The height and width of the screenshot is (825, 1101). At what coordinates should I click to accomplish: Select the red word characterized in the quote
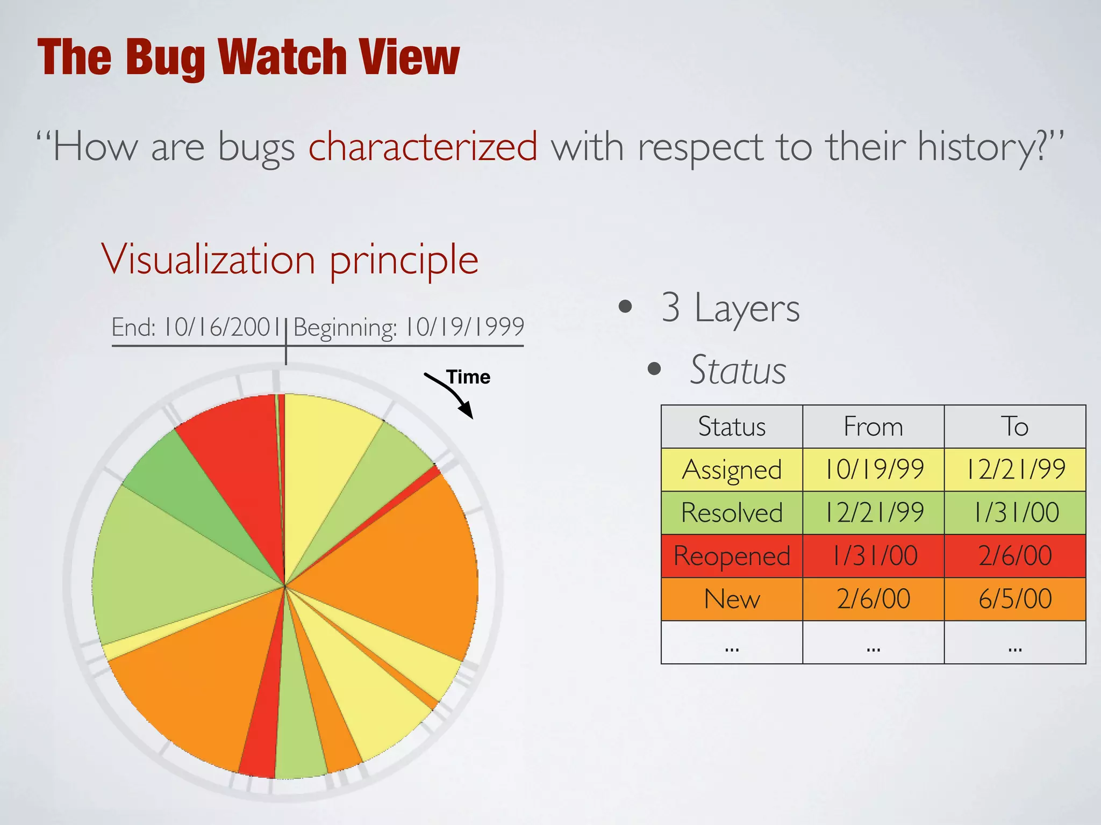pyautogui.click(x=423, y=146)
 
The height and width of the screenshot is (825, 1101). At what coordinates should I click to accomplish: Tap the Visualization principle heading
pyautogui.click(x=290, y=260)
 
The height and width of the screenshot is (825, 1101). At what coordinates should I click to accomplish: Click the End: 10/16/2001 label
pyautogui.click(x=196, y=327)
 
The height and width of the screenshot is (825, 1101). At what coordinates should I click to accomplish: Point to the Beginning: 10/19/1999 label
pyautogui.click(x=409, y=327)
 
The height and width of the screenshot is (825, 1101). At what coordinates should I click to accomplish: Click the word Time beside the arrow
pyautogui.click(x=468, y=377)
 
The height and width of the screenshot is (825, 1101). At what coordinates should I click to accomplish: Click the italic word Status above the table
pyautogui.click(x=738, y=370)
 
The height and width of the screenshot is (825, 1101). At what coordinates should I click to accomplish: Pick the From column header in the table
pyautogui.click(x=873, y=427)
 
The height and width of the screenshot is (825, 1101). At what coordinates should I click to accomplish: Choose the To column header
pyautogui.click(x=1014, y=427)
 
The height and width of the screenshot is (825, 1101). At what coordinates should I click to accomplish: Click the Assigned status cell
pyautogui.click(x=732, y=470)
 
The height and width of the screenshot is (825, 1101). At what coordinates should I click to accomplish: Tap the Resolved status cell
pyautogui.click(x=732, y=513)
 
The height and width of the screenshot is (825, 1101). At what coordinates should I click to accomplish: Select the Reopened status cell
pyautogui.click(x=732, y=556)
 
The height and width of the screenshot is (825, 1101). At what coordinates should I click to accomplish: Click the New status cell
pyautogui.click(x=732, y=599)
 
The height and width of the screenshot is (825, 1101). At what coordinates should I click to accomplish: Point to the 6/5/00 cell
pyautogui.click(x=1014, y=599)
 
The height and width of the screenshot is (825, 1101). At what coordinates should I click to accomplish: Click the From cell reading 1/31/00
pyautogui.click(x=873, y=556)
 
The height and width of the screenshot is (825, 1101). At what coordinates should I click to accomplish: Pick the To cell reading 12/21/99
pyautogui.click(x=1014, y=470)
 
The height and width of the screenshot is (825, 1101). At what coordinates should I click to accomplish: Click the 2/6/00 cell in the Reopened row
pyautogui.click(x=1014, y=556)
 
